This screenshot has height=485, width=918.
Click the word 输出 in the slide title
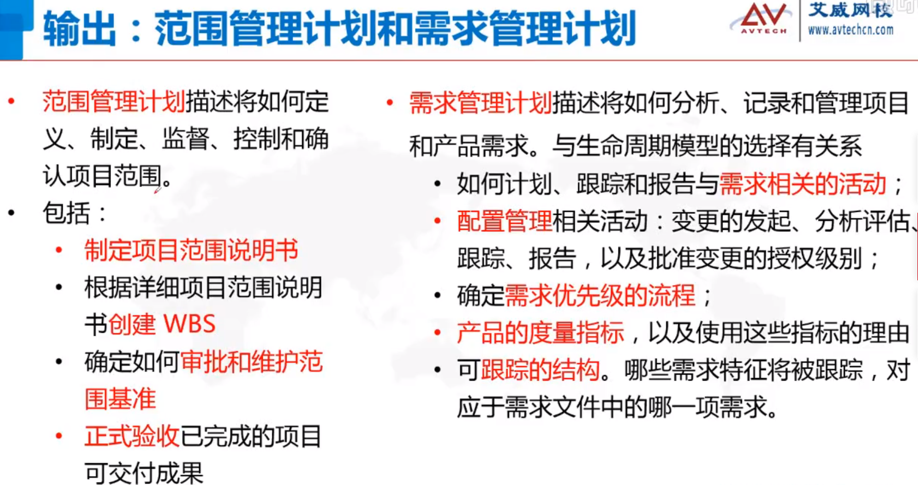(79, 29)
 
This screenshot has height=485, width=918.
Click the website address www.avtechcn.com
(850, 30)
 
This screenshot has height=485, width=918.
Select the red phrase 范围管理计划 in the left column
(114, 101)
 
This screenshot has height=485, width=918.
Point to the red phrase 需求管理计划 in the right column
(480, 103)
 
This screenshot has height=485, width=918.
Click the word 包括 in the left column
(66, 213)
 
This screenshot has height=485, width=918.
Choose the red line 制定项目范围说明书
(191, 251)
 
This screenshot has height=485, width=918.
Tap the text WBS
(190, 324)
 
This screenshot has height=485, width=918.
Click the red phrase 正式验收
(132, 436)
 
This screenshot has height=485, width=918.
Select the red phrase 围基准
(120, 399)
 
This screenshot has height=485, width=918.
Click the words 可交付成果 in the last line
(144, 473)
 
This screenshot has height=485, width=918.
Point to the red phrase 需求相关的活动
(802, 184)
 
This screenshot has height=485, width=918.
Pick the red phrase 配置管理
(504, 221)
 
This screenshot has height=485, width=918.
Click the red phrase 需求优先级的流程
(600, 295)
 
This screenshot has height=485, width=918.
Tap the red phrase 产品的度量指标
(540, 333)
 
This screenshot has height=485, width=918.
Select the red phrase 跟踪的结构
(540, 370)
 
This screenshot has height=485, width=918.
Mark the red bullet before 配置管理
(437, 221)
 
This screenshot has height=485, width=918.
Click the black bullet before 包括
(12, 213)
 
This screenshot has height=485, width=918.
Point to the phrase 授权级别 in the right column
(815, 258)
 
